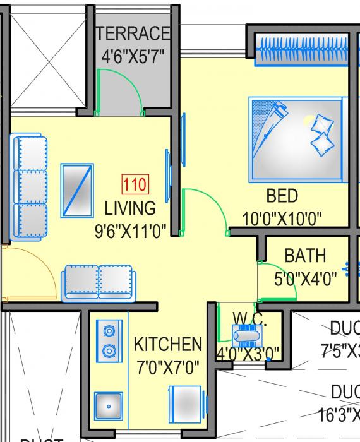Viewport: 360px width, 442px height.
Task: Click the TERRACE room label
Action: pos(134,33)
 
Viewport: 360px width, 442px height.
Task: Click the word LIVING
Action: pos(130,208)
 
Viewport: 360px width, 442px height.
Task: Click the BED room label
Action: pos(282,195)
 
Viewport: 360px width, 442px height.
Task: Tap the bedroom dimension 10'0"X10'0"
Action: pos(282,218)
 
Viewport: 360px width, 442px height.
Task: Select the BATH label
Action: pos(305,256)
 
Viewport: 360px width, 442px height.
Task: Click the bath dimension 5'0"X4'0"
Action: pos(304,278)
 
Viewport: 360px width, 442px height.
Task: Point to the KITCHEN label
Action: pos(168,345)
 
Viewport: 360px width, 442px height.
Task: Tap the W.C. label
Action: pos(249,318)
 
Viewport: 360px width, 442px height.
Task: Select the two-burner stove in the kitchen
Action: pos(109,340)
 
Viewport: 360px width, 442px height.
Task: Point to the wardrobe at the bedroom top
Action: pos(301,49)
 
